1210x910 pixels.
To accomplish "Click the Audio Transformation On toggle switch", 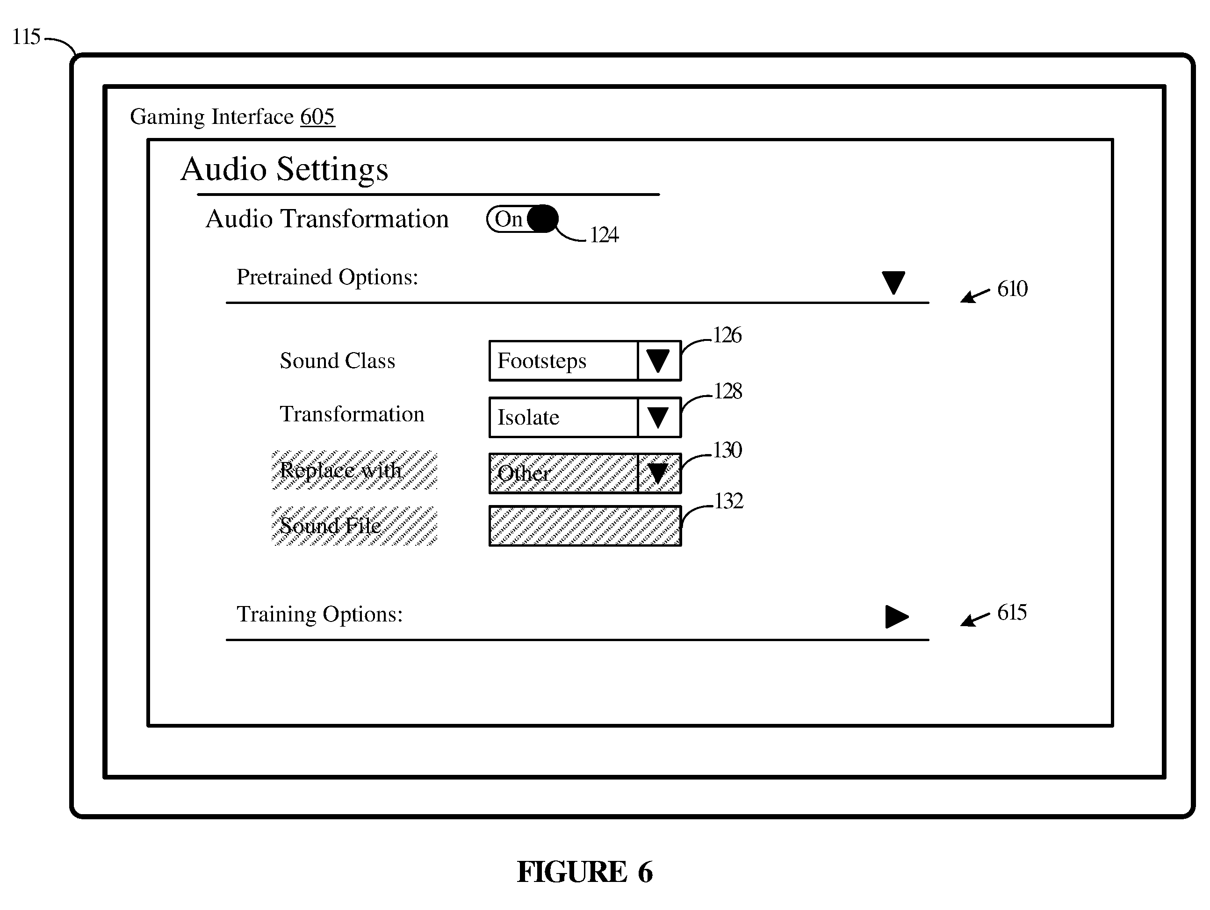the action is coord(522,219).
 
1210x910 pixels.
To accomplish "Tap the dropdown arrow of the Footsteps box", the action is coord(657,361).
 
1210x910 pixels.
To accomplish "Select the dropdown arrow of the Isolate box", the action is coord(657,418).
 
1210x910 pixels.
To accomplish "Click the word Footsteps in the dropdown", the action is coord(541,361).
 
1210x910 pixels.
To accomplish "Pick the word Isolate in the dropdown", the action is coord(528,418).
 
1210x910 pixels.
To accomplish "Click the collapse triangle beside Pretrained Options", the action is coord(893,282).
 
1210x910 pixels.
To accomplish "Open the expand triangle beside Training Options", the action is coord(897,617).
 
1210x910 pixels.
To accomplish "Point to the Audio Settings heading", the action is coord(284,169).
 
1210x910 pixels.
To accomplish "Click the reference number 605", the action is coord(317,116).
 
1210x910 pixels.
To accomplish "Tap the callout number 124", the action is coord(604,235).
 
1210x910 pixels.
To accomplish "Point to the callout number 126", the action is coord(727,335).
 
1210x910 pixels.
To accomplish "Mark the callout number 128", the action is coord(727,391).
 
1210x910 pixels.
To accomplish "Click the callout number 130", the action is coord(727,450).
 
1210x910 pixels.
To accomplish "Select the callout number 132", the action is coord(728,501).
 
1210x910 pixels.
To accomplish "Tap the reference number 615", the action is coord(1012,612).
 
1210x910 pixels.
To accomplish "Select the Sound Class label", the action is coord(338,361).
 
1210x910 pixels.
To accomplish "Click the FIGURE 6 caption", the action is coord(585,872).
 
